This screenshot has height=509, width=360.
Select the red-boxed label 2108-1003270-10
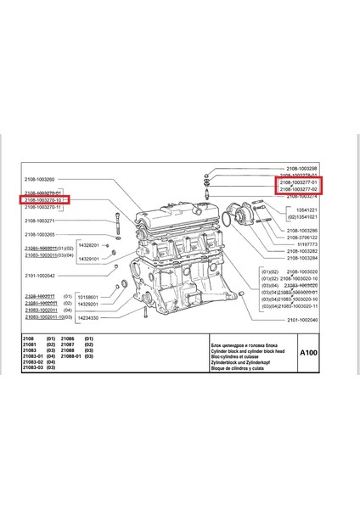click(x=42, y=200)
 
